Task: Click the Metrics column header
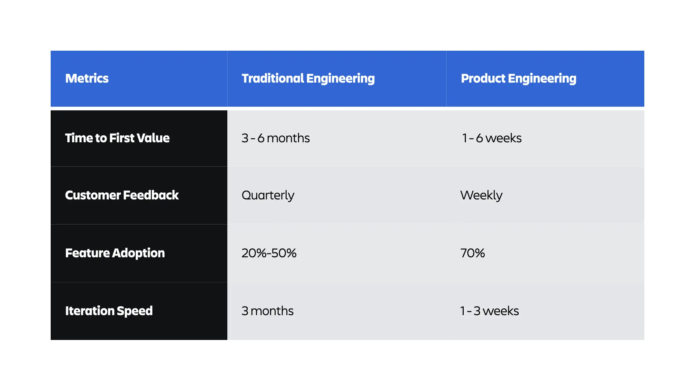click(87, 79)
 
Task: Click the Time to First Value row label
click(117, 138)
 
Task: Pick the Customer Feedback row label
click(122, 195)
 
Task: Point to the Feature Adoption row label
click(115, 253)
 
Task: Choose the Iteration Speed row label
click(109, 311)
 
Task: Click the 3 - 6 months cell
click(275, 138)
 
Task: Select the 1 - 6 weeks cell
click(492, 138)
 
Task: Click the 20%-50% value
click(269, 253)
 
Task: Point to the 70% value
click(472, 253)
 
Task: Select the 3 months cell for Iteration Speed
click(268, 311)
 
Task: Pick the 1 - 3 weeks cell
click(489, 311)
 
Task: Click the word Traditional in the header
click(273, 79)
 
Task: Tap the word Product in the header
click(483, 79)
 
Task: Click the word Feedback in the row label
click(151, 195)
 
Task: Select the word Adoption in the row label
click(138, 253)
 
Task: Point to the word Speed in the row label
click(135, 311)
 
